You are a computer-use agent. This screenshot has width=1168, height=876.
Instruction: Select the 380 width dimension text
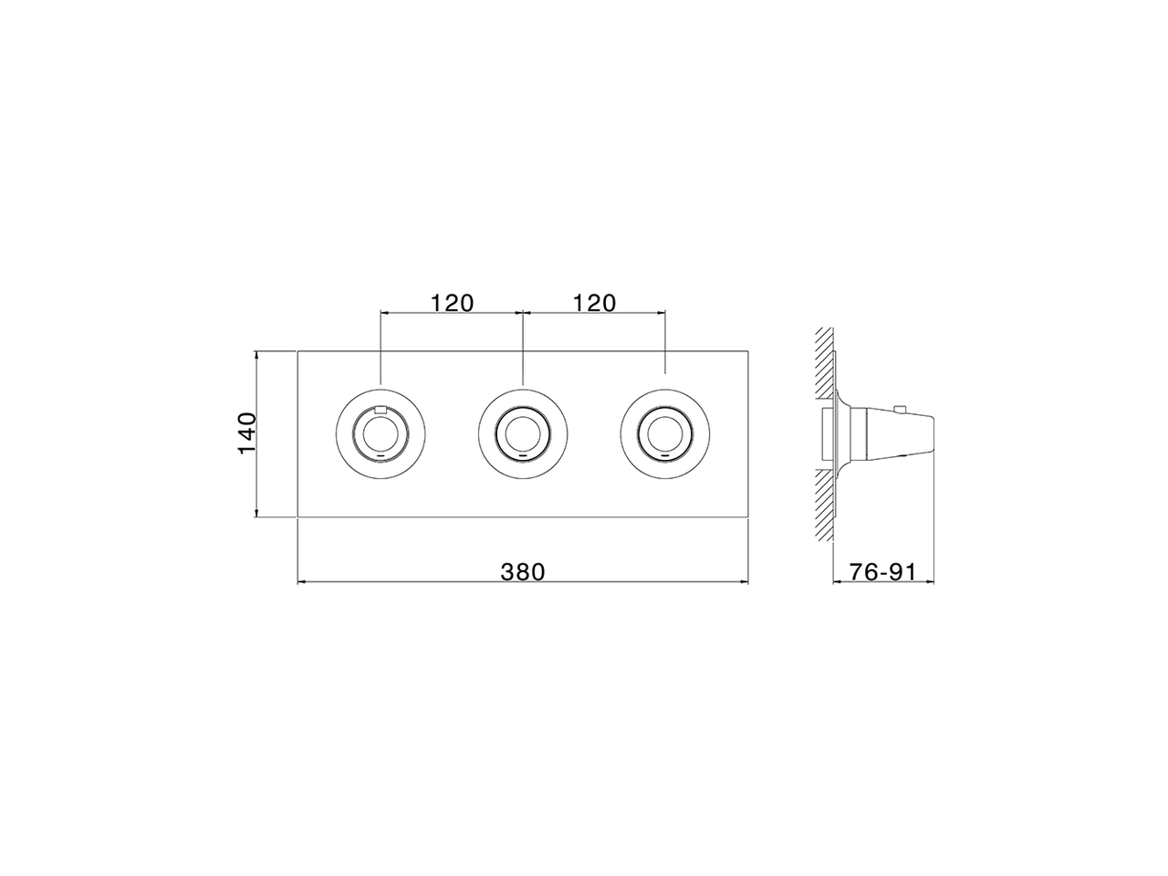pos(522,571)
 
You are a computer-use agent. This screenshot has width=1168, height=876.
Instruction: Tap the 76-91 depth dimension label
pos(881,571)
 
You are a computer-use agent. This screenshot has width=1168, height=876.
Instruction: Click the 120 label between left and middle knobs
pos(453,302)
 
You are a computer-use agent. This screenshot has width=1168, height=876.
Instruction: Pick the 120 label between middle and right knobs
pos(594,302)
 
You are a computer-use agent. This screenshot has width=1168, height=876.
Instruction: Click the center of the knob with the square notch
pos(381,433)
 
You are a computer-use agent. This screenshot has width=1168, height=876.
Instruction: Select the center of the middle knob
pos(523,433)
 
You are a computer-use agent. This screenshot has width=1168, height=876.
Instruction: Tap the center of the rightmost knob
pos(664,433)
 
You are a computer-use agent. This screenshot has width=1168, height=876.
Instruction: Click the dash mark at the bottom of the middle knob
pos(523,454)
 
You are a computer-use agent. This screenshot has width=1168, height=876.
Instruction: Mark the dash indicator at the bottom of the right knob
pos(664,454)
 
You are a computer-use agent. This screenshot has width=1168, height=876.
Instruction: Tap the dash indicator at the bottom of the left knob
pos(381,454)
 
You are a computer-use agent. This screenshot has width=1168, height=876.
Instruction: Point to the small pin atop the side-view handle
pos(900,409)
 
